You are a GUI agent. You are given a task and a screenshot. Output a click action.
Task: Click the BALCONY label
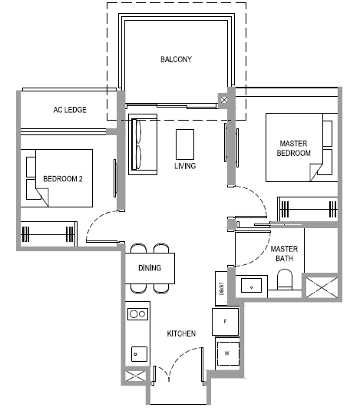(176, 59)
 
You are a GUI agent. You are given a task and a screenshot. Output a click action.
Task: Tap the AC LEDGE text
(70, 110)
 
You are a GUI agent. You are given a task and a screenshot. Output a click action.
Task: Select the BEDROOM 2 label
(63, 179)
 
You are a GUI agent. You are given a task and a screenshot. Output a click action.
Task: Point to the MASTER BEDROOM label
(294, 148)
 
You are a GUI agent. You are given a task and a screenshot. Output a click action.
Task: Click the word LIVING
(185, 166)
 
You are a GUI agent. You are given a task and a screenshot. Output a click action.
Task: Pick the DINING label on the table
(150, 267)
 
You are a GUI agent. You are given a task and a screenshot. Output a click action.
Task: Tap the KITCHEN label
(181, 333)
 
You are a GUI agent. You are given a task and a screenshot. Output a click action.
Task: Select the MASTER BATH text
(284, 254)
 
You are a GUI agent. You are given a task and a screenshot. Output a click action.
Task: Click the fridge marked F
(225, 322)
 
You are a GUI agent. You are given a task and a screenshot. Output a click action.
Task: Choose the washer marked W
(228, 353)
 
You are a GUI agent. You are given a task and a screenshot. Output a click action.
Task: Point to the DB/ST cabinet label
(222, 289)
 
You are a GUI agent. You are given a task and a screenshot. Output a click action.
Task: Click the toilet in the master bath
(285, 279)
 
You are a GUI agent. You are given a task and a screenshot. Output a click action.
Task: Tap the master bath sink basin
(251, 285)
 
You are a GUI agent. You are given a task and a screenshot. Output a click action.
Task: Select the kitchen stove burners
(137, 314)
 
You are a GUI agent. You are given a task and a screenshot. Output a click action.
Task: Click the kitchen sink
(139, 354)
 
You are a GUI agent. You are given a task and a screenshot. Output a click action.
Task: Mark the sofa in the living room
(143, 144)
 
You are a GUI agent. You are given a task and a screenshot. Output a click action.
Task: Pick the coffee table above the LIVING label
(185, 144)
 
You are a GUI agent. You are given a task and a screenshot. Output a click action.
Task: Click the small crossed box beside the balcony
(224, 100)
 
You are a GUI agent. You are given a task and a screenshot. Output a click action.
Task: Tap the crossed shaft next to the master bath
(322, 288)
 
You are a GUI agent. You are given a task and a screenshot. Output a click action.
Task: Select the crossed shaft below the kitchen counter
(135, 376)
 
